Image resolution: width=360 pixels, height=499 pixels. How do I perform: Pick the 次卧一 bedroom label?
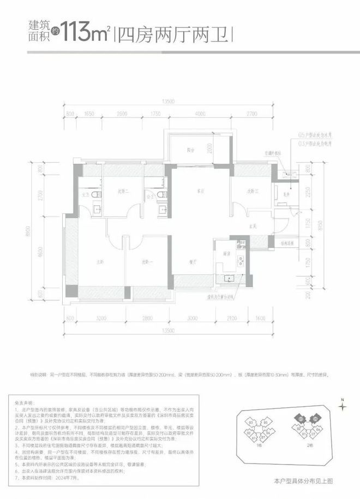point(146,260)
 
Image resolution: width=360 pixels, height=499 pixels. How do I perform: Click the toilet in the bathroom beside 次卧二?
point(94,193)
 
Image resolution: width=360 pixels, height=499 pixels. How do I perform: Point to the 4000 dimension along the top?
point(200,114)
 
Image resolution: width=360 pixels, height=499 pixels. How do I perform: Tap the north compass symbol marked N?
point(343,405)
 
